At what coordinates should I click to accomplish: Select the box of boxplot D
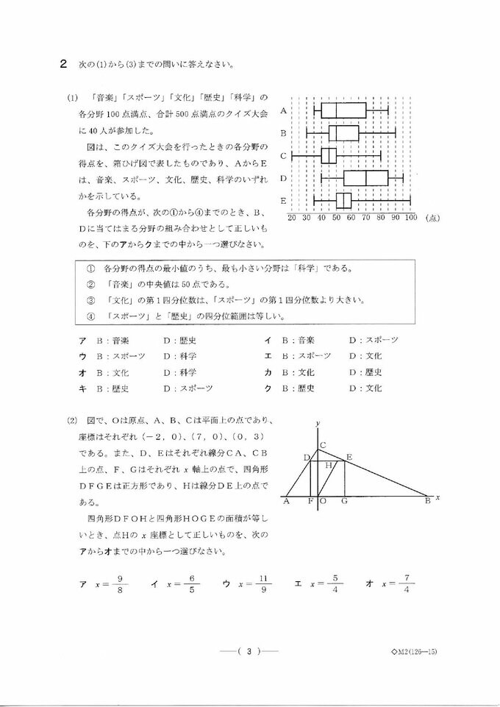click(x=365, y=178)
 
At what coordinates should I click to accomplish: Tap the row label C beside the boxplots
click(x=283, y=156)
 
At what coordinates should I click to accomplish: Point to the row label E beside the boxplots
click(x=283, y=200)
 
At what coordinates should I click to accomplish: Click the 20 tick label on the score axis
click(x=292, y=218)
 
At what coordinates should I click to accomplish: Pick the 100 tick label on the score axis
click(x=410, y=218)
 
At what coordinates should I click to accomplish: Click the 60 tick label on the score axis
click(x=351, y=218)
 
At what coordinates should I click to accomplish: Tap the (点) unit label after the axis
click(x=432, y=218)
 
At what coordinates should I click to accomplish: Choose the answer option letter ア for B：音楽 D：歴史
click(x=82, y=340)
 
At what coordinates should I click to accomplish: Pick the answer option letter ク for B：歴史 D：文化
click(x=268, y=388)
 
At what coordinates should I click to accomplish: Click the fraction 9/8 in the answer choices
click(x=119, y=584)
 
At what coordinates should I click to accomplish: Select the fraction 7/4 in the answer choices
click(x=406, y=584)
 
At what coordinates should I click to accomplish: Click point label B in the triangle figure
click(x=427, y=502)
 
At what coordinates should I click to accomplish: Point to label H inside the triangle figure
click(x=330, y=466)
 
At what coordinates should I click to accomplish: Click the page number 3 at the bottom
click(x=250, y=651)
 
